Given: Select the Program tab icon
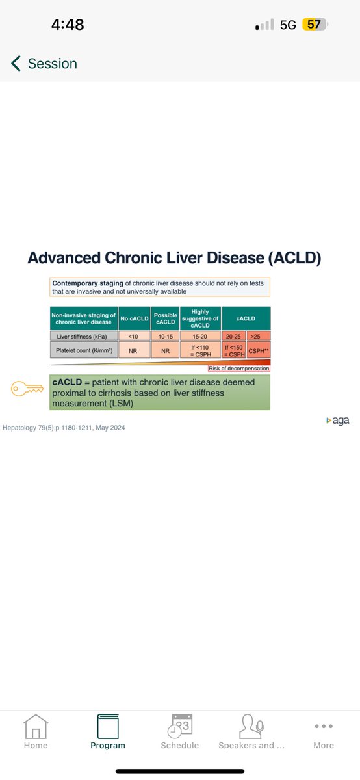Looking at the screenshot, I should click(108, 725).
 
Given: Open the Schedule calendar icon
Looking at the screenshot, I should click(180, 725).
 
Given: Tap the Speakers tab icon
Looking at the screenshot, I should click(251, 725).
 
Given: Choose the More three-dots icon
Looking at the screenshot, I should click(324, 726).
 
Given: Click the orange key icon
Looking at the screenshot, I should click(28, 389).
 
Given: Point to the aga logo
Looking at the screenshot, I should click(337, 421).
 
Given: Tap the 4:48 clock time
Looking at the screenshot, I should click(68, 25).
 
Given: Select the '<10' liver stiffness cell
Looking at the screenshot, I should click(135, 336).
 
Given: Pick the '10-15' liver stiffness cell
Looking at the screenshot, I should click(165, 336).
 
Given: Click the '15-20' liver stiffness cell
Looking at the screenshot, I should click(200, 336).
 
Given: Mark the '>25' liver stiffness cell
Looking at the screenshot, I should click(258, 336).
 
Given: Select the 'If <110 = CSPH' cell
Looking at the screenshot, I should click(200, 350).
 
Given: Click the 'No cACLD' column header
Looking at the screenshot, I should click(135, 318).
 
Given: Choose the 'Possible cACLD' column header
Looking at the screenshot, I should click(165, 318).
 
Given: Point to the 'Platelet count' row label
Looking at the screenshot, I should click(84, 350).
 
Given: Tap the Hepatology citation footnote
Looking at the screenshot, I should click(64, 428).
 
